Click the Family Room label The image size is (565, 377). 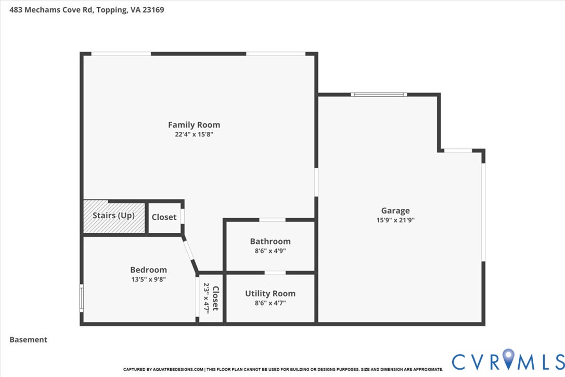(194, 125)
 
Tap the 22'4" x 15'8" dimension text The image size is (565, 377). (194, 134)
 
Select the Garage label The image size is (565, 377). (395, 211)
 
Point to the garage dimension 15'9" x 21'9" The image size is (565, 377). (395, 220)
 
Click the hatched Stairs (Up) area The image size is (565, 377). (114, 216)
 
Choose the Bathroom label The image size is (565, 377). (270, 241)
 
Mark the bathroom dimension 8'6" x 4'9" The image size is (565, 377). (270, 251)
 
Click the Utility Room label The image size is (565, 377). (270, 294)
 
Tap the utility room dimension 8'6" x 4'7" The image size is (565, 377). (270, 303)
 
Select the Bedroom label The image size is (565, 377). (148, 270)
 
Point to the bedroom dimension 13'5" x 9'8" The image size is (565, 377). (148, 279)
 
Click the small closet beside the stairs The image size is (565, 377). (164, 217)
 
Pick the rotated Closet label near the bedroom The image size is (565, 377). (215, 298)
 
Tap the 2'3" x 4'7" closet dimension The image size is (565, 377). (207, 298)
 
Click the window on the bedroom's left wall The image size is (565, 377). (82, 298)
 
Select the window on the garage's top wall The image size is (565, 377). (379, 95)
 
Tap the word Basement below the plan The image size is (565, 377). (29, 340)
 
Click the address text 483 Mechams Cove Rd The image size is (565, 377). (51, 10)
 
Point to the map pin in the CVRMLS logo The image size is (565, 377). (508, 358)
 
